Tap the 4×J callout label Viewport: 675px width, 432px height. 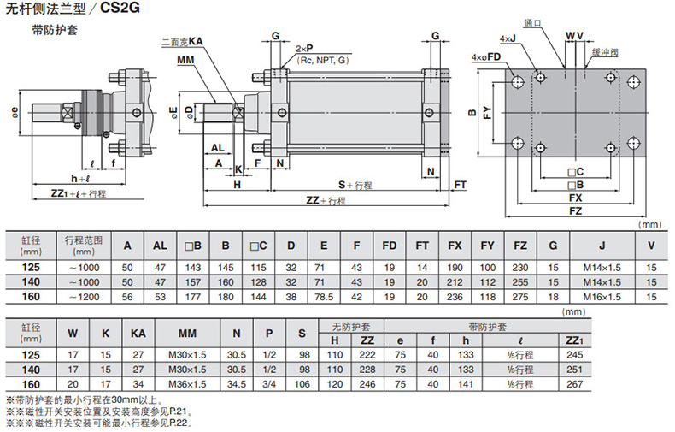click(508, 38)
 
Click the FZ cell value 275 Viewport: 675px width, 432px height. click(520, 295)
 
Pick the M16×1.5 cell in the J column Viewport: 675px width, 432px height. click(602, 295)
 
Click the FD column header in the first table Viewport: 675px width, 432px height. click(390, 246)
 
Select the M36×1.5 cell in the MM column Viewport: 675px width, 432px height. click(188, 384)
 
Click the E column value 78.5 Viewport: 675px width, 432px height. click(324, 295)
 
